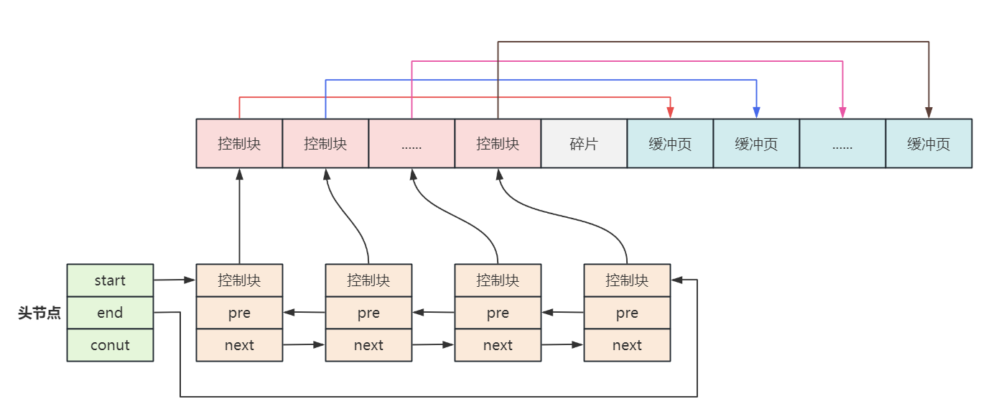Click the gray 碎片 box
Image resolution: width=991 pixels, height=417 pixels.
[584, 144]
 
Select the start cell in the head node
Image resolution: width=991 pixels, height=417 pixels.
[110, 280]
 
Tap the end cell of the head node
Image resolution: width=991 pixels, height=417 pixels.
[110, 313]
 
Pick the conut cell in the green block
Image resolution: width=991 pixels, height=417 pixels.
[110, 345]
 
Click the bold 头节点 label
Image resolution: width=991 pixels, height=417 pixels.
[39, 313]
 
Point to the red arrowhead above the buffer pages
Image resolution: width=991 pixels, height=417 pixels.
[670, 112]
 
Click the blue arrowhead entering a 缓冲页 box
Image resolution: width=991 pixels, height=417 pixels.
[756, 112]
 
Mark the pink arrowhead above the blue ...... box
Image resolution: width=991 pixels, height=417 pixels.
[842, 112]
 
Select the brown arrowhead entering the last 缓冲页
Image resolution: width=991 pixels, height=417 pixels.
[929, 112]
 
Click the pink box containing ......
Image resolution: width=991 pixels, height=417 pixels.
[411, 144]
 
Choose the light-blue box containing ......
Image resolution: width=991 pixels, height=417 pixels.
[842, 144]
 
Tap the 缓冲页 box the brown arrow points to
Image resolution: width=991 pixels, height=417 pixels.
[929, 144]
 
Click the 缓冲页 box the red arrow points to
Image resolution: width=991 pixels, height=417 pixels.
[670, 144]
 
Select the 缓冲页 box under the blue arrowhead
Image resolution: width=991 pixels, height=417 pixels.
[756, 144]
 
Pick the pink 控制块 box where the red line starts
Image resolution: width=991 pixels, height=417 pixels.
[239, 144]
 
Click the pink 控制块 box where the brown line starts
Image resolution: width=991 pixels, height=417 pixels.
[498, 144]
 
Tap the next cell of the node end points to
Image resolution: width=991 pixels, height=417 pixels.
[627, 345]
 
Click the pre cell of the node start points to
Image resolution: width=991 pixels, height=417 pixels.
[239, 313]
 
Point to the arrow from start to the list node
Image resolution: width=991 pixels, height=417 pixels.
[175, 280]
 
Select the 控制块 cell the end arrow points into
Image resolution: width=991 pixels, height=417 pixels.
[627, 280]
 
